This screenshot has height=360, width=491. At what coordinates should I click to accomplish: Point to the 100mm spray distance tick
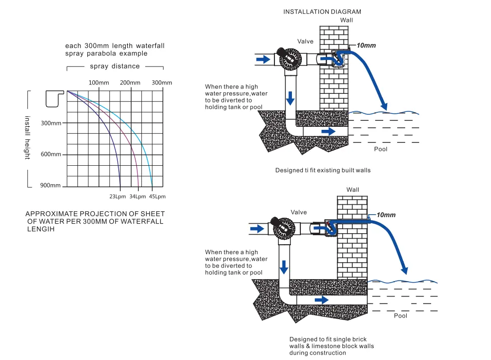(x=98, y=82)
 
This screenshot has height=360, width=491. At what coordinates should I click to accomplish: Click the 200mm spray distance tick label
(x=131, y=82)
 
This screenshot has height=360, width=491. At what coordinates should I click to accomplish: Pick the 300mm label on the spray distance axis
(x=161, y=82)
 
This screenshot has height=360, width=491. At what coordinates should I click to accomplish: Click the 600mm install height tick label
(x=51, y=154)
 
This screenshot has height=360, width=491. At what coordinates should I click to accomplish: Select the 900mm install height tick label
(x=51, y=186)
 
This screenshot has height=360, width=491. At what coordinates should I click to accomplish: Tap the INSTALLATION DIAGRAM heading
(x=322, y=11)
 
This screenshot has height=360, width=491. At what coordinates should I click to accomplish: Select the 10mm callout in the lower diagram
(x=386, y=215)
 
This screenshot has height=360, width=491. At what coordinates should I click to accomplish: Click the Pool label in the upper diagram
(x=381, y=149)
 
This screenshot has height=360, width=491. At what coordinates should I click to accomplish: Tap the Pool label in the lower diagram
(x=400, y=316)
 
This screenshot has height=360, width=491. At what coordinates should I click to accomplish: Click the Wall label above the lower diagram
(x=353, y=190)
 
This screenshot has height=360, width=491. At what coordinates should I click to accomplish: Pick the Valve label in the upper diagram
(x=305, y=41)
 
